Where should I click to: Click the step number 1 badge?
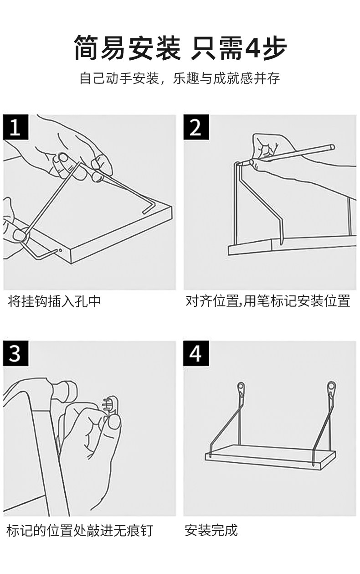(x=15, y=126)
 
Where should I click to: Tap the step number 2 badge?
(x=195, y=126)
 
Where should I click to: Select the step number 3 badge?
(x=15, y=353)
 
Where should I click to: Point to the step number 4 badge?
(x=195, y=353)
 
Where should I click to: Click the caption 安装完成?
(x=211, y=530)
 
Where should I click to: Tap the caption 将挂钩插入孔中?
(x=54, y=301)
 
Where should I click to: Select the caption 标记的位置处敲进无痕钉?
(x=80, y=530)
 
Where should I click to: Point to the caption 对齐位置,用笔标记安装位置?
(x=268, y=301)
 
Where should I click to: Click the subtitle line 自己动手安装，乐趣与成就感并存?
(x=180, y=78)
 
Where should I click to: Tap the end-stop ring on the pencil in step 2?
(x=332, y=147)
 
